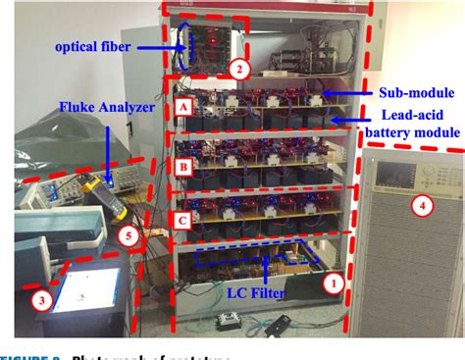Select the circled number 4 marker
pos(422,206)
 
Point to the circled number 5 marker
pos(125,234)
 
